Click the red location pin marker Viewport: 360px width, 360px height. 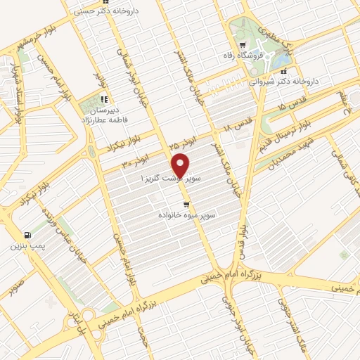[x=181, y=165]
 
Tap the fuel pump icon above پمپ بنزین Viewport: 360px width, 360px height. [x=27, y=235]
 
